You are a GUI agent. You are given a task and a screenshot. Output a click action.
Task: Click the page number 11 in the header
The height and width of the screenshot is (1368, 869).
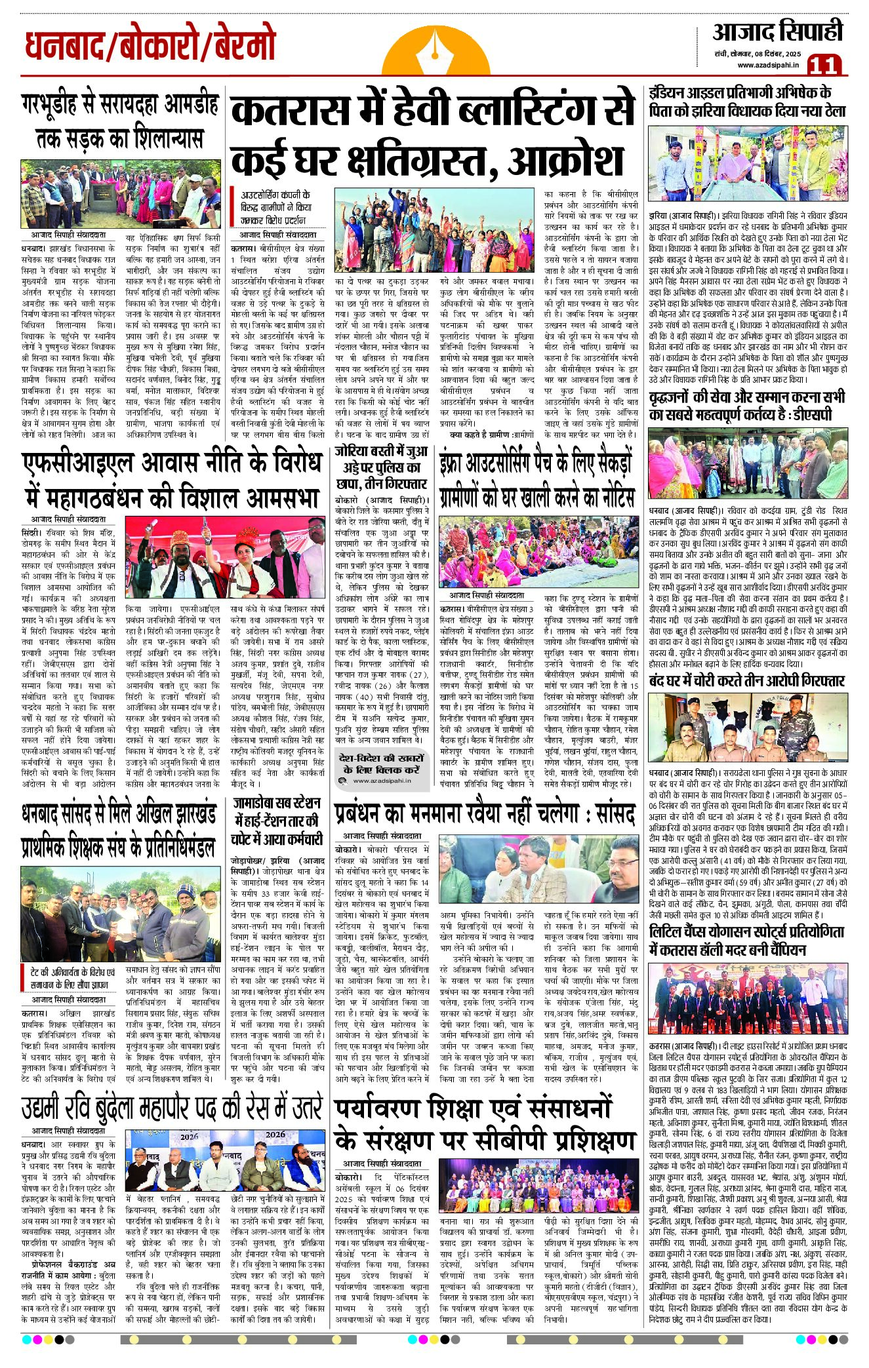(x=824, y=65)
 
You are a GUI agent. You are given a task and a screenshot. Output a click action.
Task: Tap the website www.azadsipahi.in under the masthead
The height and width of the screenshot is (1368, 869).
(x=767, y=65)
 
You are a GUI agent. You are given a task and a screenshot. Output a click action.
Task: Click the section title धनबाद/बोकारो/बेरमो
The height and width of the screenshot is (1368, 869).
(x=150, y=47)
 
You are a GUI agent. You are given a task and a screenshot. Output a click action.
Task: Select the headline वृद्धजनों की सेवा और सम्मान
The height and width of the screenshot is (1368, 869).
(x=747, y=406)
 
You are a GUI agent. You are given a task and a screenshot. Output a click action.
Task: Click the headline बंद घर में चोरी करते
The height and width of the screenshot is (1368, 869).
(x=747, y=680)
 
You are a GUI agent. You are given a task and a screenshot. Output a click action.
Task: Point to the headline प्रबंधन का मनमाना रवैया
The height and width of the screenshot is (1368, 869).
(x=484, y=815)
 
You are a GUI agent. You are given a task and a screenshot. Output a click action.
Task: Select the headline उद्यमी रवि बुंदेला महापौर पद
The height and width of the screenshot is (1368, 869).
(x=172, y=1110)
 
